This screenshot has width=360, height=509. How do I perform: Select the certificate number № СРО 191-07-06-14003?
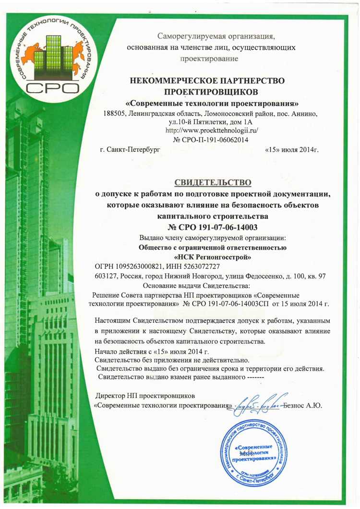[x=212, y=228]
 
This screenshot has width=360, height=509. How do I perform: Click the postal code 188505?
[x=114, y=114]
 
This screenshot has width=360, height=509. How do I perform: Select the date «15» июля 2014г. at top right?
[x=291, y=150]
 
